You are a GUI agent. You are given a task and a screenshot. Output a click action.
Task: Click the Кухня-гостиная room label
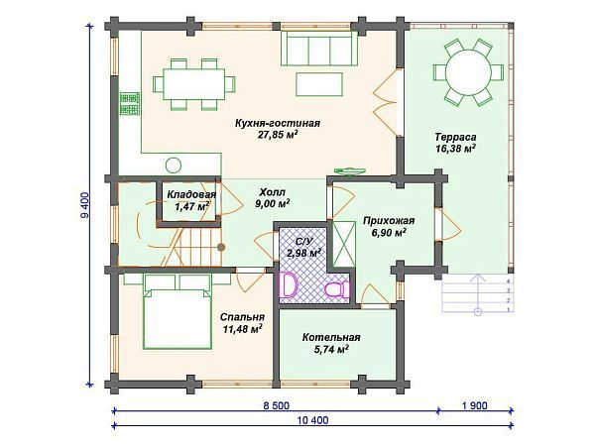click(x=278, y=123)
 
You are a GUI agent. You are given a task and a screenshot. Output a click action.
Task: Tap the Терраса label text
click(x=455, y=137)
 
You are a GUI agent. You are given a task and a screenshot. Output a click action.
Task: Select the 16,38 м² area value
click(x=455, y=149)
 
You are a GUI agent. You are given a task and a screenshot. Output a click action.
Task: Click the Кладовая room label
click(x=191, y=194)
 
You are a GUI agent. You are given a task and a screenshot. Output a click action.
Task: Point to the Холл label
click(x=273, y=192)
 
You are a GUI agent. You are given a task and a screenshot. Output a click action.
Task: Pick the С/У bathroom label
click(x=303, y=241)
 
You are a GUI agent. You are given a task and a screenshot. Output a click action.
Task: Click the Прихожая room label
click(x=389, y=220)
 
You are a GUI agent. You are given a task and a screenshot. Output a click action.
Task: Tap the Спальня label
click(x=242, y=317)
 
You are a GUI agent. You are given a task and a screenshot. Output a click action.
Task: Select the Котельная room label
click(x=331, y=337)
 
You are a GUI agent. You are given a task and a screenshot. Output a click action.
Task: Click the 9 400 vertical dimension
click(x=84, y=205)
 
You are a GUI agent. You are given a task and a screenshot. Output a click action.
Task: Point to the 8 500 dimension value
click(x=276, y=405)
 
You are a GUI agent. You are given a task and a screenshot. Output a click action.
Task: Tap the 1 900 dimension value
click(x=474, y=405)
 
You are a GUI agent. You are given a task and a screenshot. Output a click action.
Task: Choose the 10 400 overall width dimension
click(x=313, y=420)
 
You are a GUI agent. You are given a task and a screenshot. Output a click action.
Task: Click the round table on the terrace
click(x=468, y=72)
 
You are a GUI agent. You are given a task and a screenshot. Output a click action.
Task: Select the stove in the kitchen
click(x=129, y=103)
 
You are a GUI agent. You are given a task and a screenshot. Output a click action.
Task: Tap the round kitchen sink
click(x=173, y=165)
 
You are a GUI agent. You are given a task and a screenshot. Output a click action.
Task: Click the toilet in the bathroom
click(x=336, y=289)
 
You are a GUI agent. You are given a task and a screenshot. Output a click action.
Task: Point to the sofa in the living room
click(x=319, y=49)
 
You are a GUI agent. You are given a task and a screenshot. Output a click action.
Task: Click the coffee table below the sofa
click(x=319, y=84)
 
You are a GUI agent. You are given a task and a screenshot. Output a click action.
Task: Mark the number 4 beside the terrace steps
click(x=509, y=281)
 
